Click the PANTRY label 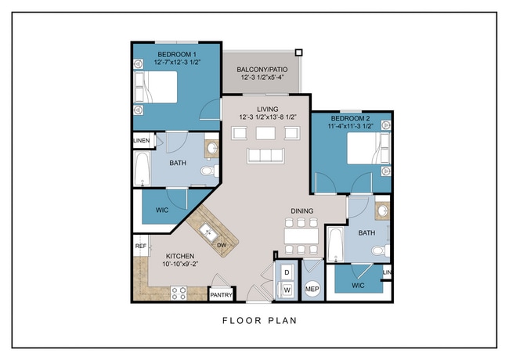[x=221, y=295]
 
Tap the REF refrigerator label [x=140, y=247]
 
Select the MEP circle [x=312, y=288]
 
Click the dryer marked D [x=287, y=272]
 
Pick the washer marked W [x=287, y=290]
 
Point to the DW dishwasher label [x=222, y=245]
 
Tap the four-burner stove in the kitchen [x=179, y=293]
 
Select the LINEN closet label [x=142, y=140]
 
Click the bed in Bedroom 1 [x=156, y=87]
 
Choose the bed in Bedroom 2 [x=369, y=148]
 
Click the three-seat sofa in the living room [x=265, y=156]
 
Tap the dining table [x=301, y=236]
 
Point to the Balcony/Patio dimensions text [x=262, y=77]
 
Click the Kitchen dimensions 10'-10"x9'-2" [x=180, y=264]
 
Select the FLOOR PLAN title [x=260, y=320]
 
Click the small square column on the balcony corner [x=298, y=52]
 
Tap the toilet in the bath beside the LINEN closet [x=209, y=171]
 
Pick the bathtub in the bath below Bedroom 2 [x=335, y=244]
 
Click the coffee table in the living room [x=265, y=133]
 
